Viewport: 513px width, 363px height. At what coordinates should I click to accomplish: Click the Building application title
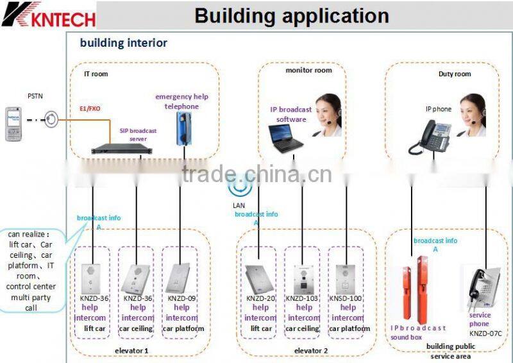pos(291,15)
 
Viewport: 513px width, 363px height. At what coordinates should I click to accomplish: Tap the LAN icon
pos(239,186)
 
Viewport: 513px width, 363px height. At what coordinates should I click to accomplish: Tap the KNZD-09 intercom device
pos(180,278)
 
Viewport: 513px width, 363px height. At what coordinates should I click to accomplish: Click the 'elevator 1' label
pos(131,351)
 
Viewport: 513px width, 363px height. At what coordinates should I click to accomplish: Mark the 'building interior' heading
pos(123,44)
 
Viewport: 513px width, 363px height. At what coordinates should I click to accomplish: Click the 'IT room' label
pos(96,74)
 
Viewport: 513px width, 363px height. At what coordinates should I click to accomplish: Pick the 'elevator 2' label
pos(310,351)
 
